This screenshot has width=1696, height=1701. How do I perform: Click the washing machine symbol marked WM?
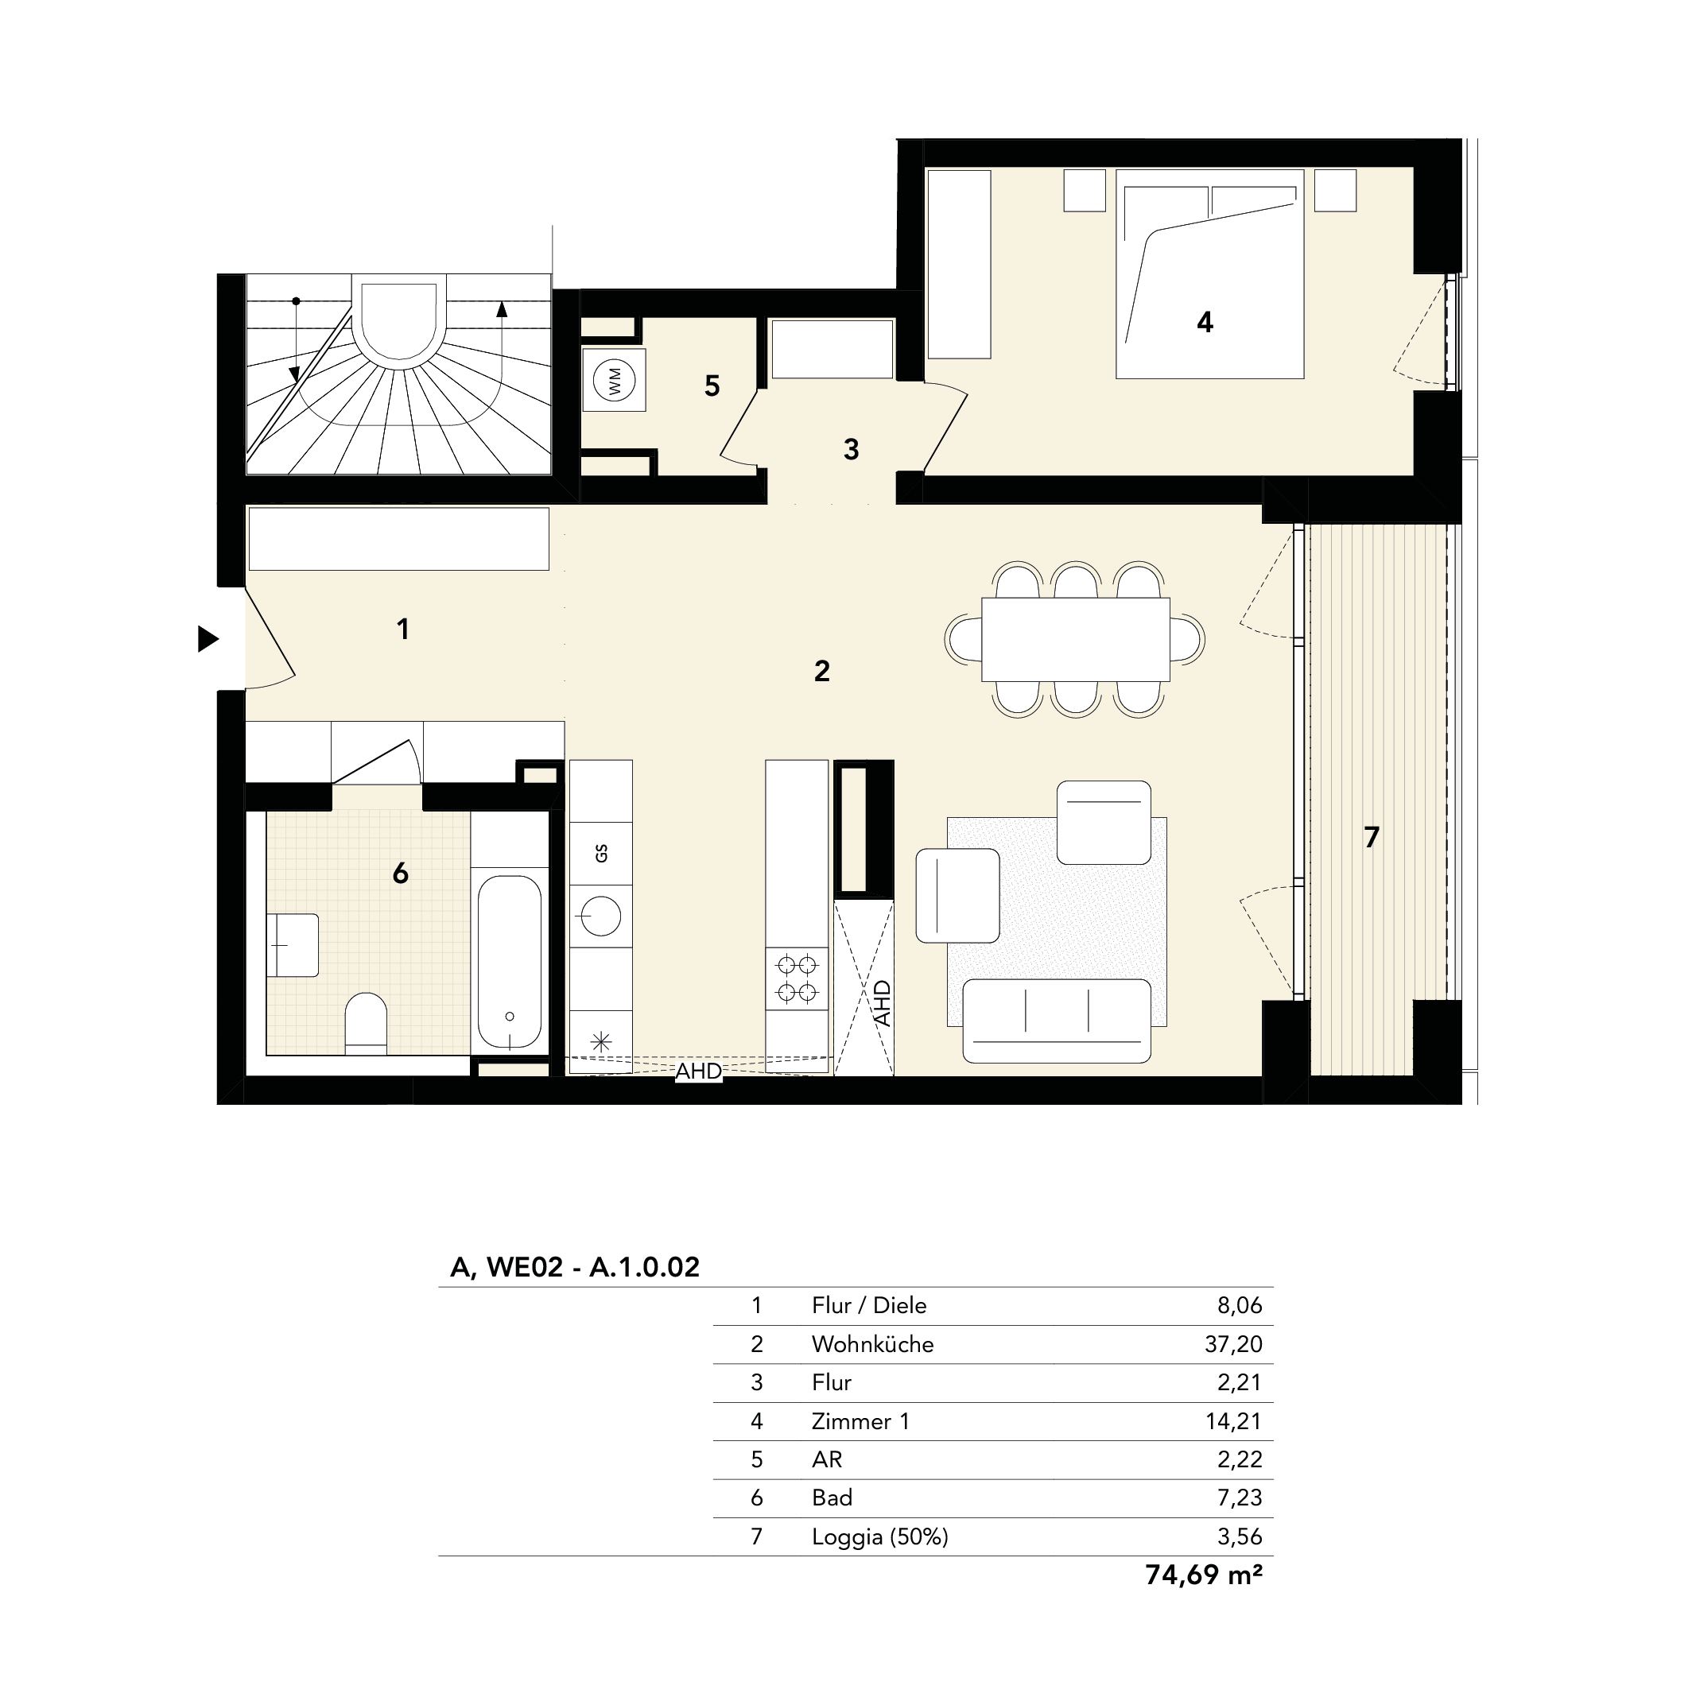614,381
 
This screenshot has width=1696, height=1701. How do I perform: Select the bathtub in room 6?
509,962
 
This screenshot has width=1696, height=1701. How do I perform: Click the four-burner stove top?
796,978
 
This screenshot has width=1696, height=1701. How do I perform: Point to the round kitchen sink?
600,916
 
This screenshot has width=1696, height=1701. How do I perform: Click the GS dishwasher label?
601,852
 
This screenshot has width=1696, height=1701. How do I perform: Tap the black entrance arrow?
208,638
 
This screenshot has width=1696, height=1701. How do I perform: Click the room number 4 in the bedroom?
1205,322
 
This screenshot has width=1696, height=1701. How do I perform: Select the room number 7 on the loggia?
1371,836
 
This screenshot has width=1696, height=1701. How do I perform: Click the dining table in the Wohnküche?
1075,639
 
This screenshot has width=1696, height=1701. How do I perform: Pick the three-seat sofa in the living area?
1057,1021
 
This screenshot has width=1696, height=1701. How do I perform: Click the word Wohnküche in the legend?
871,1343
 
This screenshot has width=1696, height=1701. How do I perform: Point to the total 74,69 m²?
1203,1574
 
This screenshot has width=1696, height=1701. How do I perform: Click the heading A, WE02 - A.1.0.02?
574,1267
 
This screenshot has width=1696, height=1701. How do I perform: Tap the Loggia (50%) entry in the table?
879,1536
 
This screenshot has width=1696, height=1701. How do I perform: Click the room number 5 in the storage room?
712,386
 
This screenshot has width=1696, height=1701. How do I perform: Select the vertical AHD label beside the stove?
882,1004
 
